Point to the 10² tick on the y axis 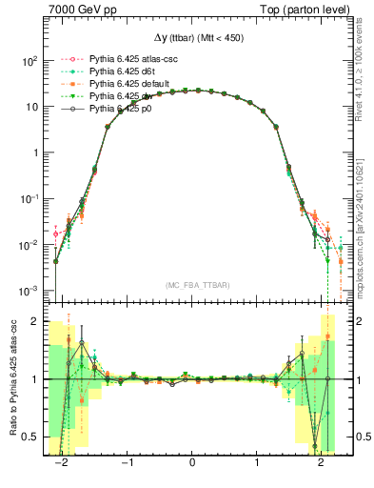click(30, 60)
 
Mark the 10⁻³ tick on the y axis click(30, 291)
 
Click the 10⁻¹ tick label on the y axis click(30, 198)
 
